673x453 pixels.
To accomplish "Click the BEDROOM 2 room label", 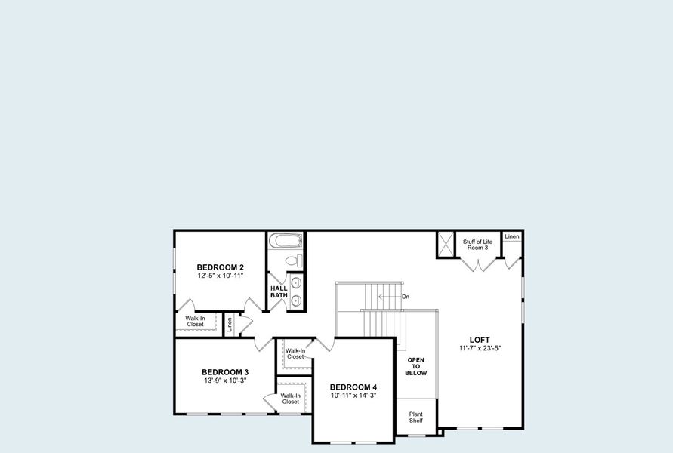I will click(220, 267).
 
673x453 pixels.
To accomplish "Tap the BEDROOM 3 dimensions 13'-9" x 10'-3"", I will click(225, 381).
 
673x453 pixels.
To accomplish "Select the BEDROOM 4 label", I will click(353, 387).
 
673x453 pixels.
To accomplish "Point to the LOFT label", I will click(480, 340).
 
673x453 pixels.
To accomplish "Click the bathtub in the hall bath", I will click(286, 241).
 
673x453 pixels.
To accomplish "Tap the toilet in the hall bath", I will click(295, 260).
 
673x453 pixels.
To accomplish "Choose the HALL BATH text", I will click(279, 291).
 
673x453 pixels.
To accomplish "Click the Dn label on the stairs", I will click(406, 297).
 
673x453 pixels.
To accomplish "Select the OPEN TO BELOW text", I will click(416, 366).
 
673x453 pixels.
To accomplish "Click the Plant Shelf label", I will click(416, 418).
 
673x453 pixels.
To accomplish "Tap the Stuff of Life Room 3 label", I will click(477, 245).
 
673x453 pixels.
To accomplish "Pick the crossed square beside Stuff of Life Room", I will click(446, 244).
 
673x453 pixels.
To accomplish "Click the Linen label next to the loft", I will click(512, 237).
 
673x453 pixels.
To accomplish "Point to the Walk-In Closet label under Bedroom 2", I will click(196, 322).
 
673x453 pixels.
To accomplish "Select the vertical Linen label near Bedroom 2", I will click(230, 325).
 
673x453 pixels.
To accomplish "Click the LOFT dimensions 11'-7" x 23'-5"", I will click(480, 349).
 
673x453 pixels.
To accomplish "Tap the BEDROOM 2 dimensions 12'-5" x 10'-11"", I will click(220, 276).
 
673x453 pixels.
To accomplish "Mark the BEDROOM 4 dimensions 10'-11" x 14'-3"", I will click(353, 396).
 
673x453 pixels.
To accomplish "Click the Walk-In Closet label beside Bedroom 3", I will click(291, 399).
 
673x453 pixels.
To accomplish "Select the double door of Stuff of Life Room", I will click(477, 265).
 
